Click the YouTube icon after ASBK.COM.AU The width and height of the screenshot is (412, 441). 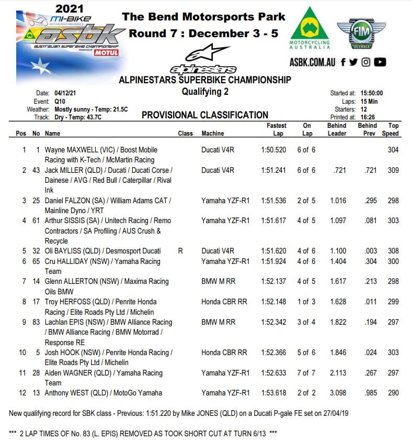(380, 62)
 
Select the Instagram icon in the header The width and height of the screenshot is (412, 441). (366, 62)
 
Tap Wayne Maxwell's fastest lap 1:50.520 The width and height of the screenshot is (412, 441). (273, 150)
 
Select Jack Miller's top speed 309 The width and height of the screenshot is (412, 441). (393, 170)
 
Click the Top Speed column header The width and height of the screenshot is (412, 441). (393, 129)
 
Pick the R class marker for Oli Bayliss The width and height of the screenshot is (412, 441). (180, 251)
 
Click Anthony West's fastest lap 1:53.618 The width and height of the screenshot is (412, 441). (273, 393)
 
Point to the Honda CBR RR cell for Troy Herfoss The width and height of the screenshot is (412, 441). (224, 302)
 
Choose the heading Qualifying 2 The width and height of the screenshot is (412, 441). (205, 92)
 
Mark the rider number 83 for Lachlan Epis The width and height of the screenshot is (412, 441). (36, 322)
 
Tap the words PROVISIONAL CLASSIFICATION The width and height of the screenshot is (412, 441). (205, 115)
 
